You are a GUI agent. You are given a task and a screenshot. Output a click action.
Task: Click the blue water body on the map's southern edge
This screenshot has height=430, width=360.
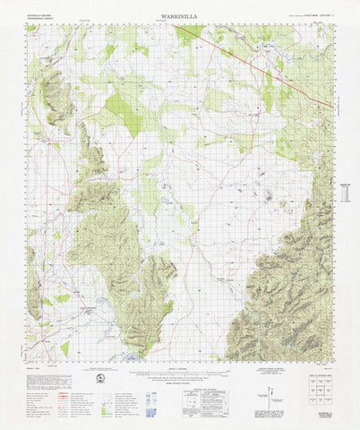pyautogui.click(x=134, y=357)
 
